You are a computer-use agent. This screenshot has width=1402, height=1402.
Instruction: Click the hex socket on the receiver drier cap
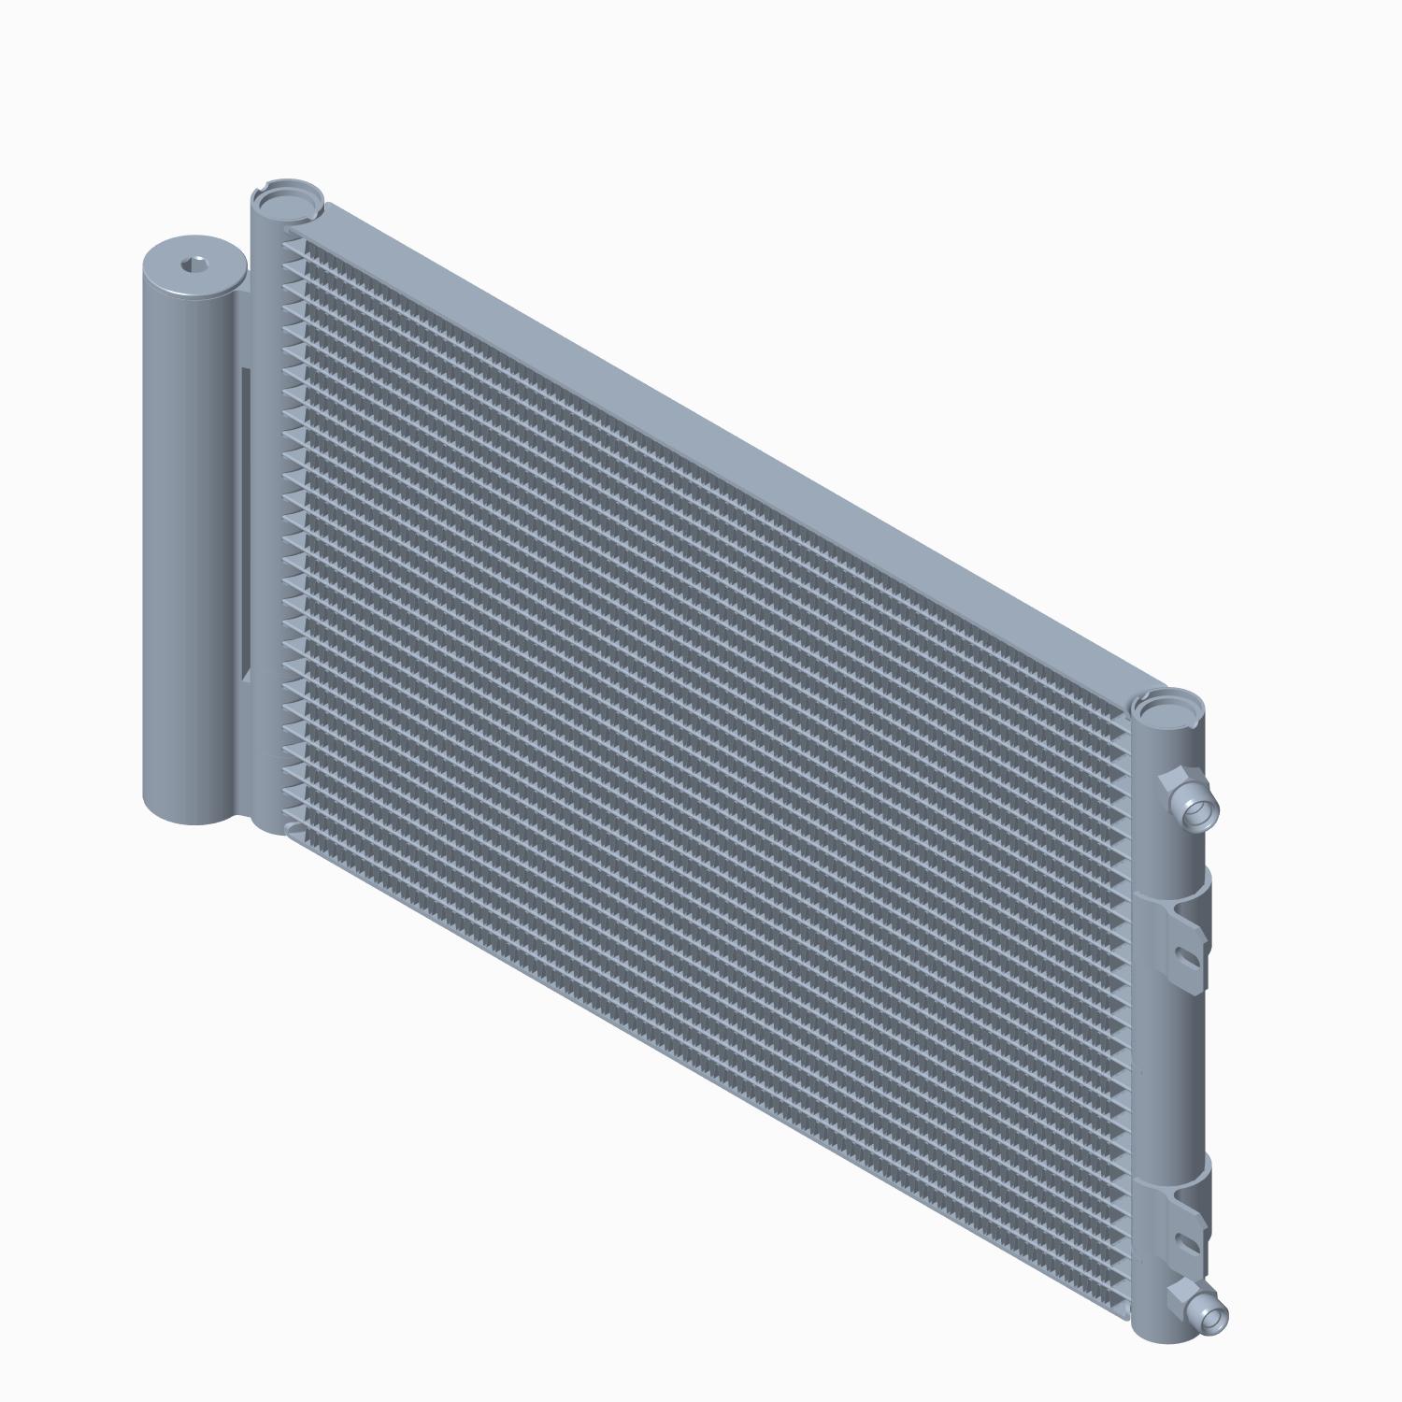[x=195, y=265]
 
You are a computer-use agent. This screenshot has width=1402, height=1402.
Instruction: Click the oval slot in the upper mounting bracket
[x=1186, y=956]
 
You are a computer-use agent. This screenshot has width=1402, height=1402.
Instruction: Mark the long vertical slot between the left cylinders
[x=246, y=523]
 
